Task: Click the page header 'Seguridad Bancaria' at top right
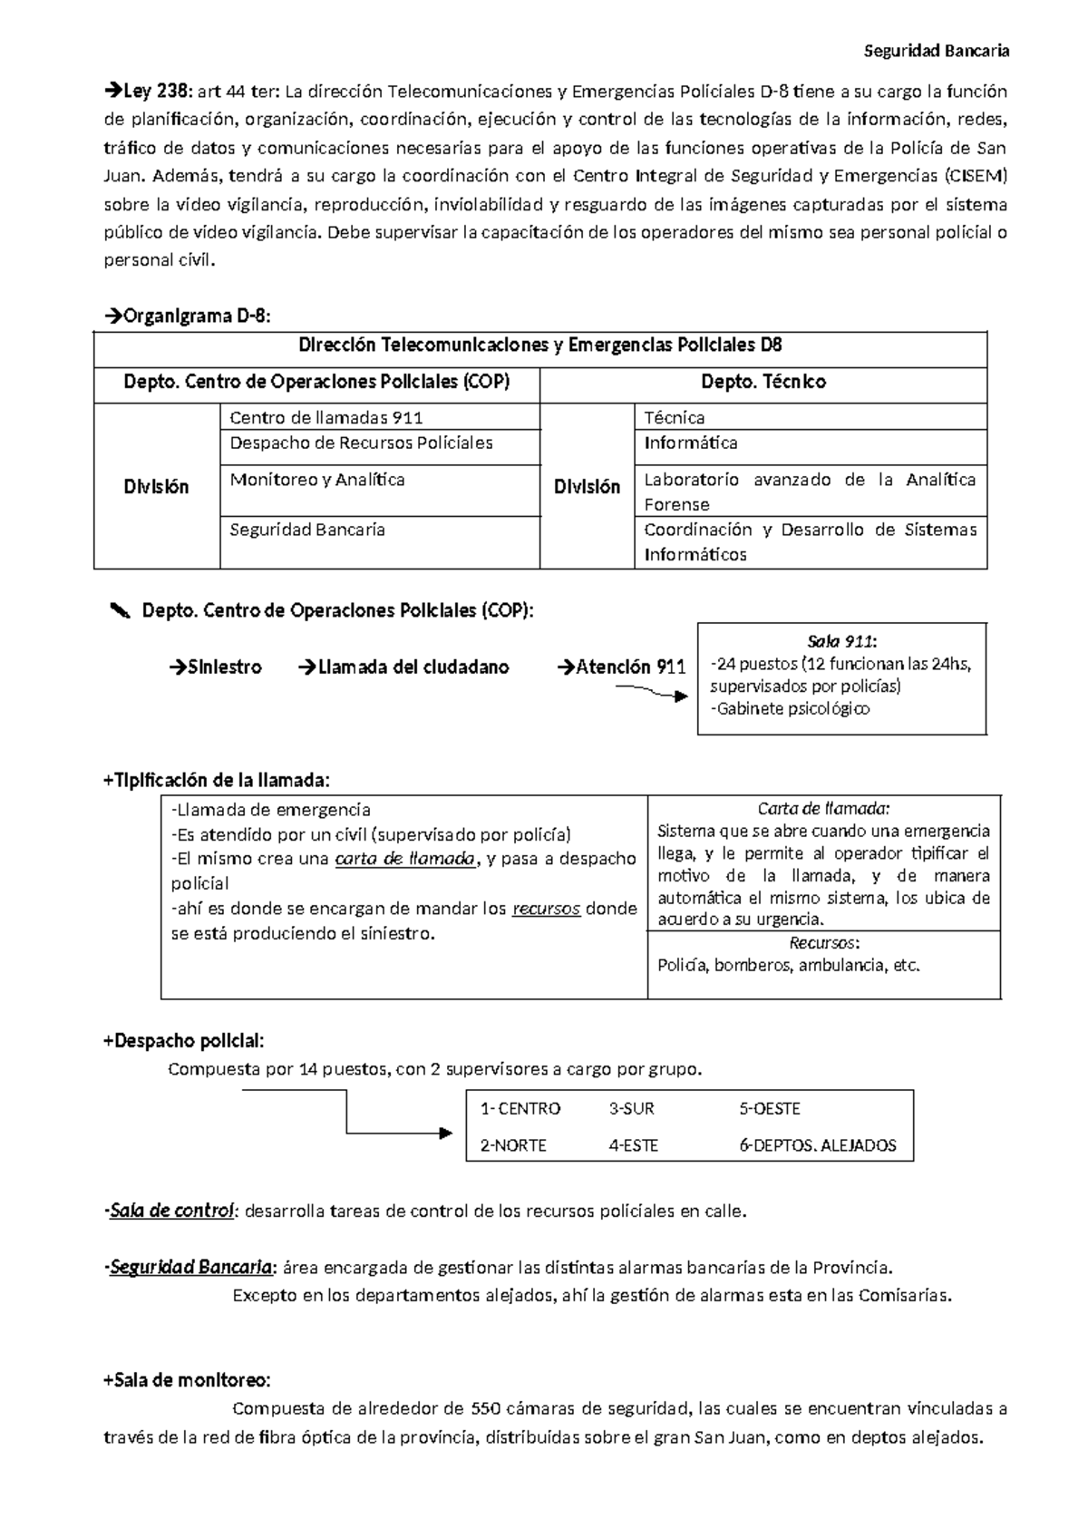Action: pos(936,51)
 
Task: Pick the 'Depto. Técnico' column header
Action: pos(763,382)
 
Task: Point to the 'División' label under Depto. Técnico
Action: pos(587,487)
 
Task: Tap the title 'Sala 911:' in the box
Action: pos(841,641)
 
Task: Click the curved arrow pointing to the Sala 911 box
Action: pos(650,692)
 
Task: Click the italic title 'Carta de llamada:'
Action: pos(824,809)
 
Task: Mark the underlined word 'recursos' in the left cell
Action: pos(546,909)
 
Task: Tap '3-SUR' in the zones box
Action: pos(632,1109)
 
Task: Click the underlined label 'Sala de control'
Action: pos(172,1211)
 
